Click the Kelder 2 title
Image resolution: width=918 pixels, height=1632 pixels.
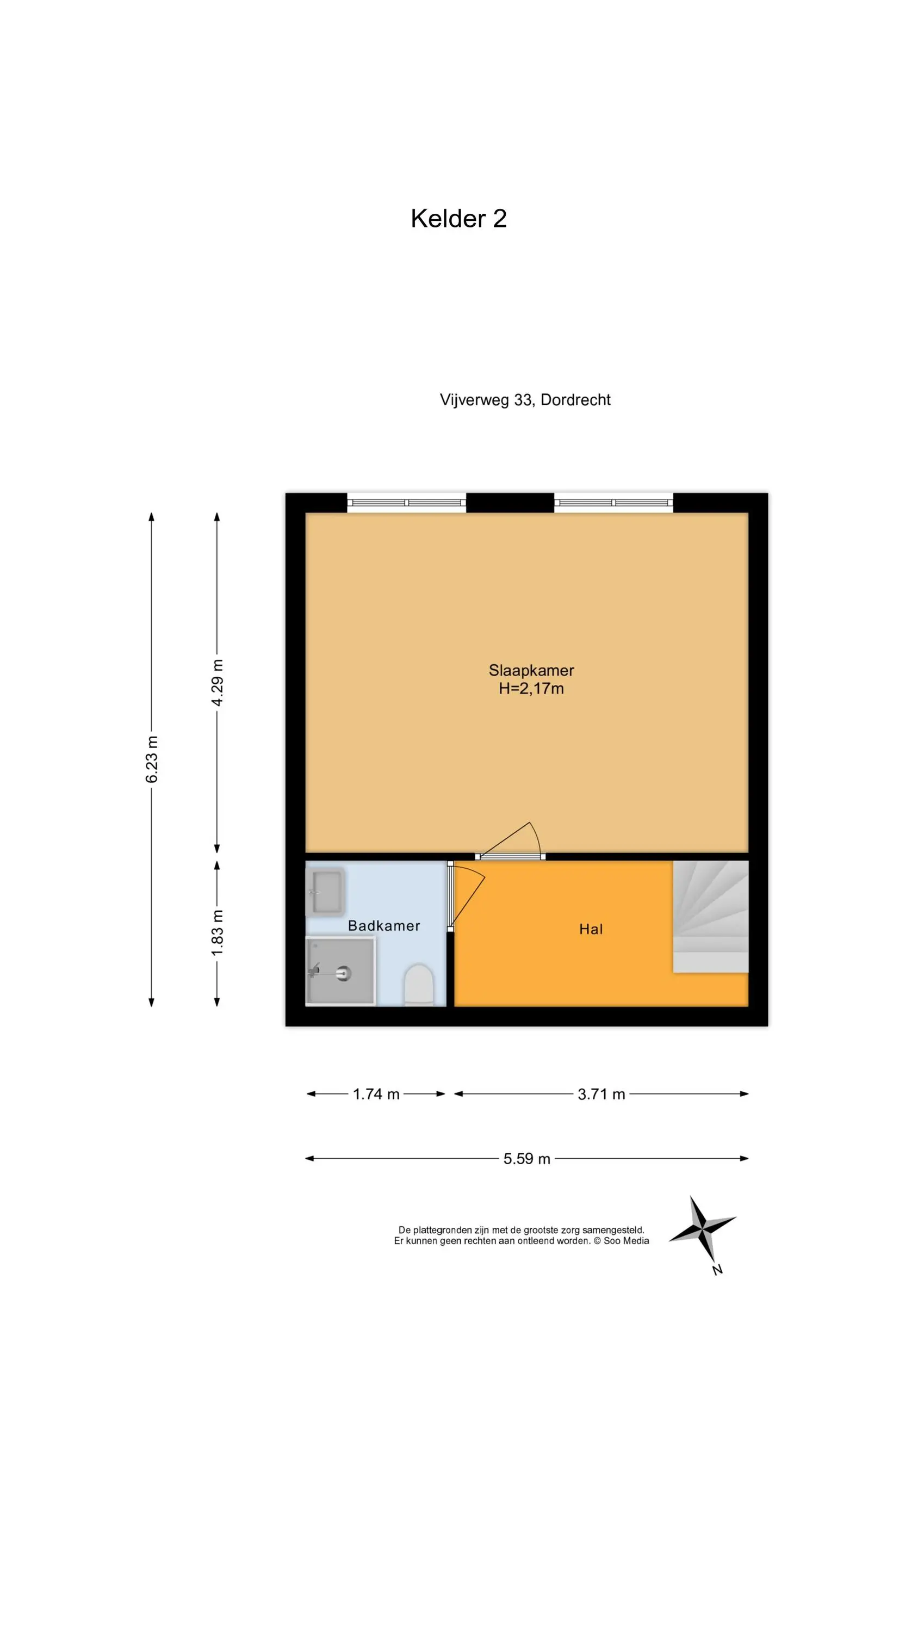pyautogui.click(x=458, y=219)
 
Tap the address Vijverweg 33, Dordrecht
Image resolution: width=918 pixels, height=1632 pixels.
pyautogui.click(x=525, y=400)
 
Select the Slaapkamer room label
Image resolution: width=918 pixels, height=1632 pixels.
pyautogui.click(x=531, y=670)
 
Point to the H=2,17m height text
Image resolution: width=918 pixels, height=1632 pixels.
pyautogui.click(x=531, y=689)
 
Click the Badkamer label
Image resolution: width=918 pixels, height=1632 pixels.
pyautogui.click(x=384, y=925)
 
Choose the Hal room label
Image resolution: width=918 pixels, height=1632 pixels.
pyautogui.click(x=591, y=929)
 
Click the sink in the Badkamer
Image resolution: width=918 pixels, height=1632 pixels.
pyautogui.click(x=326, y=892)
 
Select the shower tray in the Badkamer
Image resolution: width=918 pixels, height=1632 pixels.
pyautogui.click(x=341, y=971)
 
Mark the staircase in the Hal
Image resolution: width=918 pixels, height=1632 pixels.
pyautogui.click(x=710, y=916)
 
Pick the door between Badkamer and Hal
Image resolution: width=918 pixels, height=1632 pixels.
pyautogui.click(x=466, y=896)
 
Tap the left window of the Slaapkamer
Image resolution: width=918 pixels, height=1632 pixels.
pyautogui.click(x=407, y=503)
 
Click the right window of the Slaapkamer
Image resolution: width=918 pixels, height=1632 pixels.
pyautogui.click(x=613, y=503)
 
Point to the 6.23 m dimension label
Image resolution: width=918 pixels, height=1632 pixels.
pyautogui.click(x=151, y=759)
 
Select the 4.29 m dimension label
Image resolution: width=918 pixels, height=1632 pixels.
pyautogui.click(x=216, y=682)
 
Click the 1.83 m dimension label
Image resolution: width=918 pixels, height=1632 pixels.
pyautogui.click(x=216, y=933)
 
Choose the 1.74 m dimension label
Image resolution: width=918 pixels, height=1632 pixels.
pyautogui.click(x=376, y=1094)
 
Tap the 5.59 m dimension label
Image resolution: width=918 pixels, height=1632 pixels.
pyautogui.click(x=526, y=1159)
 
